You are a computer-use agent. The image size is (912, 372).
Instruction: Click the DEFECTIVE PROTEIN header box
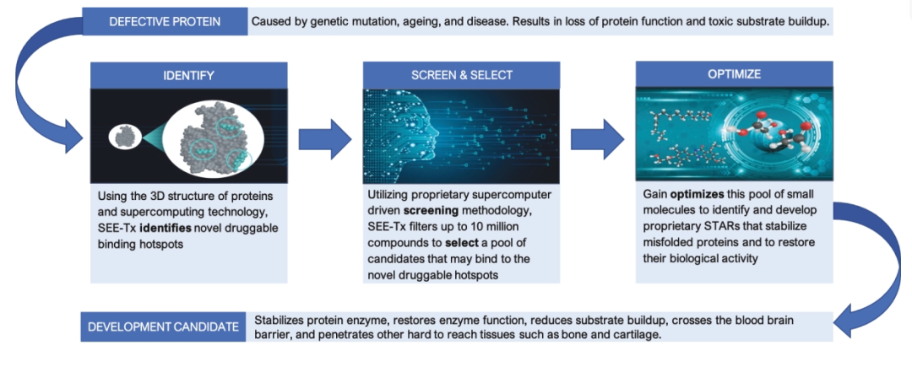tap(166, 22)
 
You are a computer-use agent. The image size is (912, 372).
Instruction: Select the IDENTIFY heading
tap(188, 76)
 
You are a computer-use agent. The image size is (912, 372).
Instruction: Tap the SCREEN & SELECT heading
tap(461, 75)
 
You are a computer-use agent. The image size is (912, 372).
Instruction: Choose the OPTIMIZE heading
tap(734, 75)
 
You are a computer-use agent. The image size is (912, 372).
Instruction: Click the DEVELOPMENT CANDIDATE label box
tap(164, 327)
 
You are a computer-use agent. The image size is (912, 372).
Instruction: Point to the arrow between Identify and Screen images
tap(325, 139)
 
